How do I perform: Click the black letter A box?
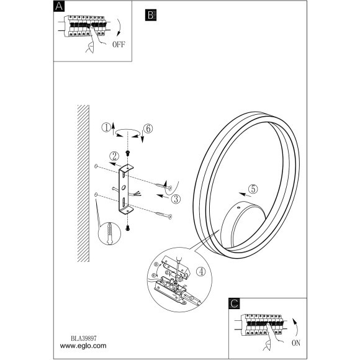tap(59, 6)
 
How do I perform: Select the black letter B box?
tap(151, 15)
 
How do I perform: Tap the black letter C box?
tap(234, 304)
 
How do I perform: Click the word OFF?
tap(119, 44)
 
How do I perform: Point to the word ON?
tap(296, 343)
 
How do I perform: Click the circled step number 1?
tap(106, 128)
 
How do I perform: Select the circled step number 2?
tap(114, 156)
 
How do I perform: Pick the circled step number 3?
tap(176, 199)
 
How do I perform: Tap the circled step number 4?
tap(201, 272)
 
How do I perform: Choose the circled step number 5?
tap(253, 189)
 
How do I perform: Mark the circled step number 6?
tap(148, 128)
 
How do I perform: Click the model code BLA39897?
tap(84, 338)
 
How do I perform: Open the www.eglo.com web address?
tap(83, 346)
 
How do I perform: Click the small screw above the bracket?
tap(127, 153)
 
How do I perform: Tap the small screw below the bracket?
tap(128, 228)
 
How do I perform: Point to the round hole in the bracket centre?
tap(124, 187)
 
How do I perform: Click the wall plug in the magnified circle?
tap(109, 233)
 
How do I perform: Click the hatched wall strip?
tap(83, 183)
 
